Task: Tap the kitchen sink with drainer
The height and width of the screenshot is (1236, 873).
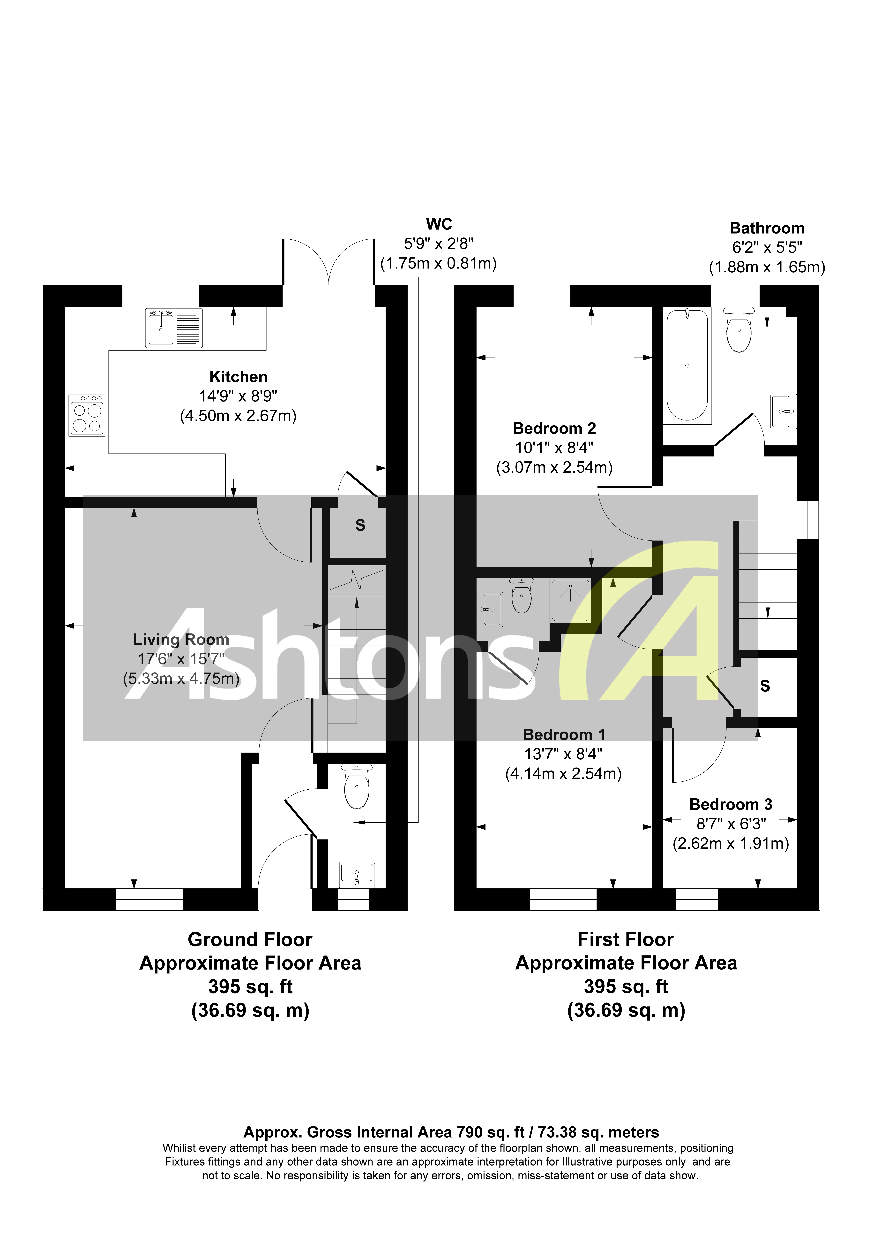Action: point(173,328)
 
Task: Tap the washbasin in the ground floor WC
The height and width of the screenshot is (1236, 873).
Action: point(356,875)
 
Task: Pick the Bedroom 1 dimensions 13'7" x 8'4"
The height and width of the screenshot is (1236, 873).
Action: point(563,754)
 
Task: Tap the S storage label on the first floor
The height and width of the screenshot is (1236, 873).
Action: point(765,686)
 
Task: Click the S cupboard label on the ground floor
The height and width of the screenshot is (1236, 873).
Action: point(360,525)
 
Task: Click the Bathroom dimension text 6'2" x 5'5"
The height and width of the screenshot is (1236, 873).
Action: point(767,248)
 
